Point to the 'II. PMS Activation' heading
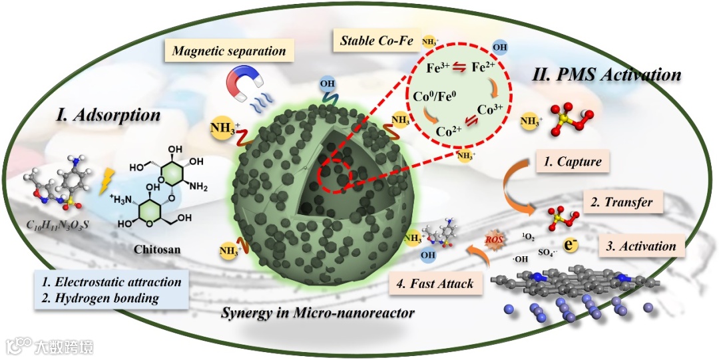(x=606, y=74)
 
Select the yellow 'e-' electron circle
(x=570, y=245)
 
